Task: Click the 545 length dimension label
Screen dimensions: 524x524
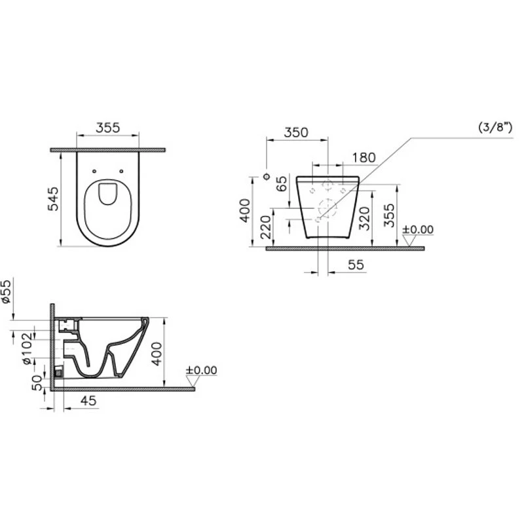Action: coord(53,199)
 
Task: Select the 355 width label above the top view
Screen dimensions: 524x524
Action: coord(107,128)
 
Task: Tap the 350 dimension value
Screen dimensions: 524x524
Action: coord(296,133)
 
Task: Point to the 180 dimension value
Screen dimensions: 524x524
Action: coord(364,158)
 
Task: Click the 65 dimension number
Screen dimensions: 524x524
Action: coord(282,183)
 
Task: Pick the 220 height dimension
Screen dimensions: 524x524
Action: coord(266,227)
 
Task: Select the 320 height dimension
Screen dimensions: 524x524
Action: coord(365,219)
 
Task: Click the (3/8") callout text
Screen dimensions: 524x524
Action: coord(495,127)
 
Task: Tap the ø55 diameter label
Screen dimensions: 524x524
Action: coord(7,291)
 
